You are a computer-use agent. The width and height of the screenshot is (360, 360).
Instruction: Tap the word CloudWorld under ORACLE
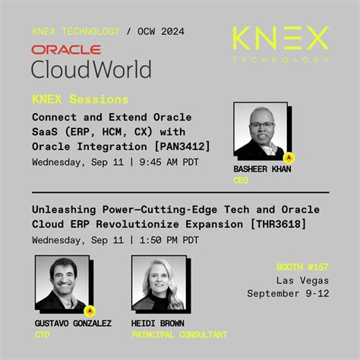[91, 68]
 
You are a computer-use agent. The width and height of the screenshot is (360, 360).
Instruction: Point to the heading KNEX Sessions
[81, 99]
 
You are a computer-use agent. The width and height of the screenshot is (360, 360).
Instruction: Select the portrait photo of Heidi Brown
[160, 285]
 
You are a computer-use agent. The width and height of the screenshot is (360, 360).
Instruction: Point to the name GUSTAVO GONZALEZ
[73, 324]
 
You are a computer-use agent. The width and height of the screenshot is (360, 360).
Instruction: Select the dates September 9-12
[288, 293]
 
